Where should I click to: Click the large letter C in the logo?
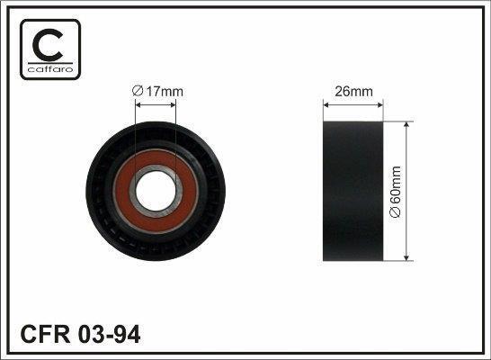(47, 44)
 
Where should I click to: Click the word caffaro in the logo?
(50, 69)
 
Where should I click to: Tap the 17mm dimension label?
(165, 92)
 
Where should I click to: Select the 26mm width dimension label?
(353, 92)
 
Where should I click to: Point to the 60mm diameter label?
(395, 185)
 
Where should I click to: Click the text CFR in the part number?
(45, 334)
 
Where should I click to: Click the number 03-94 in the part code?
(109, 334)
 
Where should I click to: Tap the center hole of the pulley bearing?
(156, 191)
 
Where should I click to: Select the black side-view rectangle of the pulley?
(353, 191)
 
